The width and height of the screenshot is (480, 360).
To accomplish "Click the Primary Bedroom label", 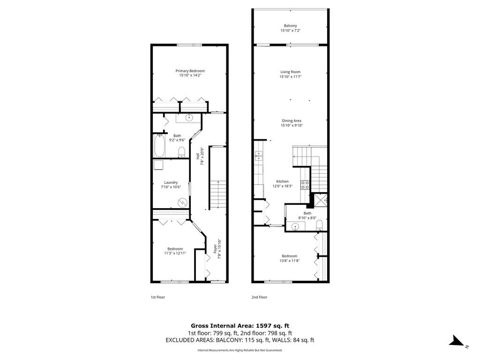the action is pyautogui.click(x=190, y=71).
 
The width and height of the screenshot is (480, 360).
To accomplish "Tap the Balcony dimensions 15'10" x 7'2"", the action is pyautogui.click(x=290, y=30).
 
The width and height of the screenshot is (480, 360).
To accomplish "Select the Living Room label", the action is pyautogui.click(x=290, y=72).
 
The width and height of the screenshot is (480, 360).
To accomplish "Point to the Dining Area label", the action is pyautogui.click(x=292, y=120).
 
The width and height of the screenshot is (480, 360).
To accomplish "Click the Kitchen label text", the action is pyautogui.click(x=282, y=181).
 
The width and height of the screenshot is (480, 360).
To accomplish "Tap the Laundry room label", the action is pyautogui.click(x=171, y=182).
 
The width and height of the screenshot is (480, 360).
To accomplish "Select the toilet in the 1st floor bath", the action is pyautogui.click(x=181, y=152).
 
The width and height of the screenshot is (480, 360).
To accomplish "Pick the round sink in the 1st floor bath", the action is pyautogui.click(x=189, y=117).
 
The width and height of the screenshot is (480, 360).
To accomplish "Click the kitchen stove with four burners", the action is pyautogui.click(x=305, y=185).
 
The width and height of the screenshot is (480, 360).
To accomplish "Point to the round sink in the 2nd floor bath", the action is pyautogui.click(x=295, y=227).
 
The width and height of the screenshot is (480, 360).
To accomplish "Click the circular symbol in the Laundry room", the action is pyautogui.click(x=183, y=202).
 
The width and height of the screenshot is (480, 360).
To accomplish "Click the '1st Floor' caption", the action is pyautogui.click(x=157, y=297).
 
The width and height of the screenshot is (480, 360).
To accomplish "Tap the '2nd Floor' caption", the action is pyautogui.click(x=259, y=297).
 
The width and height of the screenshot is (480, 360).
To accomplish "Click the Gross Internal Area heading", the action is pyautogui.click(x=240, y=326).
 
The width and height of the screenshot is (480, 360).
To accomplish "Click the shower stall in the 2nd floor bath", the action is pyautogui.click(x=321, y=200).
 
